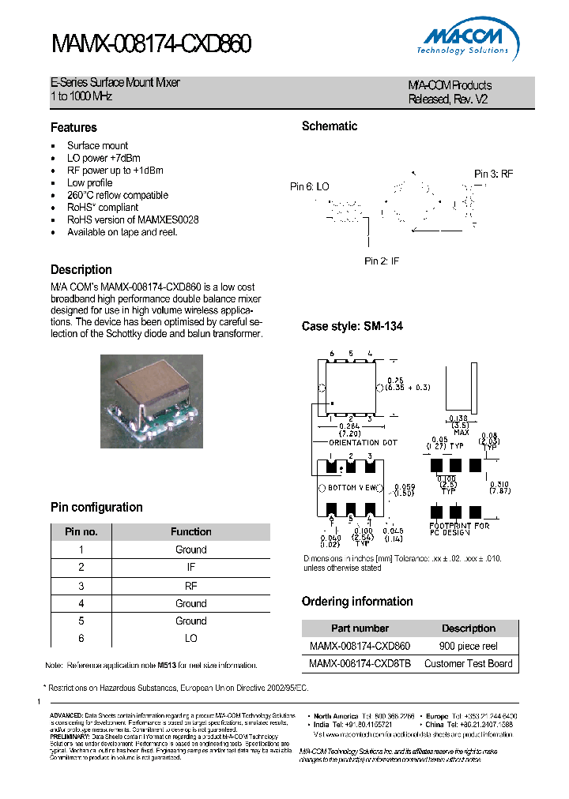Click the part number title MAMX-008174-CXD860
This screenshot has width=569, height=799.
tap(151, 45)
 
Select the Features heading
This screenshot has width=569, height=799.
tap(73, 127)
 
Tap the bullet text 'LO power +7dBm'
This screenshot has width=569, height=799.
tap(103, 158)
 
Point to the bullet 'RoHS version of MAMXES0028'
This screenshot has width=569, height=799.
tap(132, 219)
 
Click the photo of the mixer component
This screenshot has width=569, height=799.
tap(152, 401)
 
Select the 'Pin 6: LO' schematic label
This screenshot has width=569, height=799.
tap(310, 186)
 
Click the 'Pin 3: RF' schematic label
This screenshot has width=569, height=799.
tap(494, 174)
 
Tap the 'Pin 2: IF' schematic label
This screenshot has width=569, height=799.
tap(382, 261)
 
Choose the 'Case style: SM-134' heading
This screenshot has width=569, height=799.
tap(352, 326)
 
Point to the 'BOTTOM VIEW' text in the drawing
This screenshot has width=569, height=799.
tap(352, 488)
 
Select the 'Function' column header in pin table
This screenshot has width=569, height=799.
tap(190, 532)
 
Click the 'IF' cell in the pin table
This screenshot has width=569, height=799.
tap(190, 568)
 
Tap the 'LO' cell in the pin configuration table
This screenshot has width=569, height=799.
tap(190, 638)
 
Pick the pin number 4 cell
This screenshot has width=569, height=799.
tap(81, 603)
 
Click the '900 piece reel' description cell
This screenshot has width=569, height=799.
tap(468, 646)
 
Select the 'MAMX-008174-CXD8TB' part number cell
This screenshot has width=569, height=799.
tap(360, 664)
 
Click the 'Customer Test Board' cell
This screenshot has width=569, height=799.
tap(468, 664)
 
